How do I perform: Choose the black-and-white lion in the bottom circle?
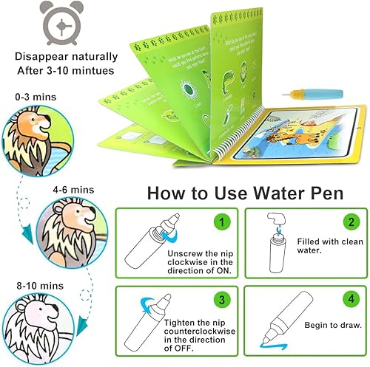pyautogui.click(x=34, y=323)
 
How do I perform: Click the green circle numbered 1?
pyautogui.click(x=220, y=221)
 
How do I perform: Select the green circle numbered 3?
pyautogui.click(x=220, y=301)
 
